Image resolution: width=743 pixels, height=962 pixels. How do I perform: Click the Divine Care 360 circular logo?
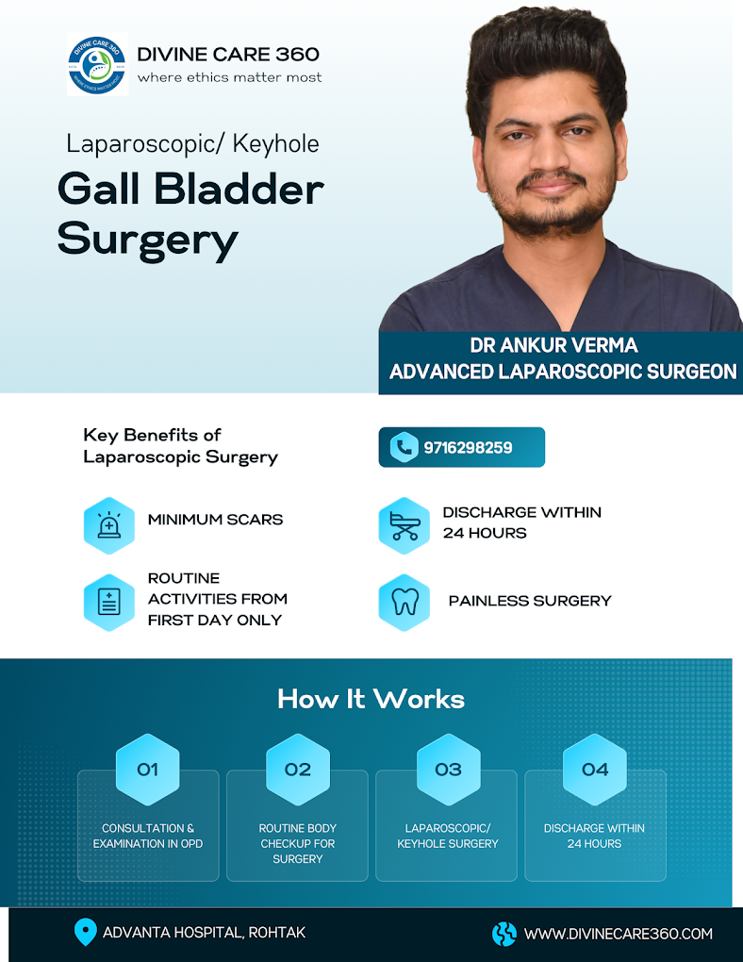[x=97, y=64]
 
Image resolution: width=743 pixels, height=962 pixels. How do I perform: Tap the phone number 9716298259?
[x=468, y=448]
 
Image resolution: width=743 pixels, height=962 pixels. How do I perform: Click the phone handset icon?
[x=404, y=447]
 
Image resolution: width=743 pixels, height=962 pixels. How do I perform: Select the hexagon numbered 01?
[x=147, y=770]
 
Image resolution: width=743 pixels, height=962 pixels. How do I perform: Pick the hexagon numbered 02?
[x=298, y=770]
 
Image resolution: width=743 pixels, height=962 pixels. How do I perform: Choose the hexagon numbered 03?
[x=448, y=770]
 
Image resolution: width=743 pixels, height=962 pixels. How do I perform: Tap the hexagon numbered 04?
[x=595, y=770]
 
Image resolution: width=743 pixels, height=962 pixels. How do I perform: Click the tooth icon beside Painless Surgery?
[x=405, y=602]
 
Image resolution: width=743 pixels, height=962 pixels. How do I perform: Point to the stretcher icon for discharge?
[x=405, y=525]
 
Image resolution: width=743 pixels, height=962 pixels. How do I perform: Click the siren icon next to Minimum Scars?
[x=108, y=525]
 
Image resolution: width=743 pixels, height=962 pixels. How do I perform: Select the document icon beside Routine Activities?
[x=108, y=602]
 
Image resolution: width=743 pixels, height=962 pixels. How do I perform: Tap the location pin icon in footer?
[x=85, y=932]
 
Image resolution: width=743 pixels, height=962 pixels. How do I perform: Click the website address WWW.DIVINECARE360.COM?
[x=619, y=934]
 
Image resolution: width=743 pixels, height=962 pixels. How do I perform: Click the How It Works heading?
[x=371, y=699]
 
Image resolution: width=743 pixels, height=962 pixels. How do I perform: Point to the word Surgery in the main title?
[x=147, y=240]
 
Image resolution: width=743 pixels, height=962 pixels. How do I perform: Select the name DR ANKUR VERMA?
[x=554, y=345]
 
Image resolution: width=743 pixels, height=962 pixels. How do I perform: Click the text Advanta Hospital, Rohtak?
[x=204, y=933]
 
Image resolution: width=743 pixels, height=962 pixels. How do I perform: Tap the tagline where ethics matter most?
[x=229, y=77]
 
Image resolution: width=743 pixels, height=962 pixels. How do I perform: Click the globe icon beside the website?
[x=504, y=934]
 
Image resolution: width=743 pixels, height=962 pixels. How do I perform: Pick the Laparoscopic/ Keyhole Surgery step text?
[x=448, y=836]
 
